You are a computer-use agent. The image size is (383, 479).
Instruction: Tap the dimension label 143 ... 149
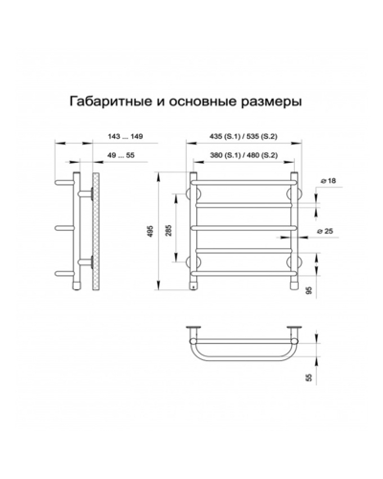click(x=125, y=136)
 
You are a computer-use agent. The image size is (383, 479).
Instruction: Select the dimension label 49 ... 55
click(x=122, y=155)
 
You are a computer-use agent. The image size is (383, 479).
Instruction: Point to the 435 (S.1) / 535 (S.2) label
click(x=243, y=136)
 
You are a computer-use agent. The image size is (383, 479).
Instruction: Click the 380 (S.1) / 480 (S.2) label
click(x=244, y=155)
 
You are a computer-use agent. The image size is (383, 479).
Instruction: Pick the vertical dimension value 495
click(x=150, y=231)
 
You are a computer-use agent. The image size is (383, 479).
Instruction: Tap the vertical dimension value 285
click(x=169, y=230)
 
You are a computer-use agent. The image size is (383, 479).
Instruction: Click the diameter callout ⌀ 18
click(x=327, y=181)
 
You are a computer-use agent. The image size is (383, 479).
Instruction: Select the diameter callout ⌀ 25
click(x=326, y=231)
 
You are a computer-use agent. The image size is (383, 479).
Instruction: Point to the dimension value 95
click(x=308, y=290)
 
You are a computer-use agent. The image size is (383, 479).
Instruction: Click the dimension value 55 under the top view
click(x=308, y=377)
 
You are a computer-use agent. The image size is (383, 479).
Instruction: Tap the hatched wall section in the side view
click(x=96, y=232)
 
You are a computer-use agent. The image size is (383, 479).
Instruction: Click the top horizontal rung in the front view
click(x=244, y=182)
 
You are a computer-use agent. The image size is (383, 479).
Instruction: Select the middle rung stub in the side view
click(x=64, y=228)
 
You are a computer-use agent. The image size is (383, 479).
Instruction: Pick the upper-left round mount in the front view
click(x=192, y=194)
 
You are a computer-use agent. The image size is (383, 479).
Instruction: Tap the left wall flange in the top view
click(x=193, y=328)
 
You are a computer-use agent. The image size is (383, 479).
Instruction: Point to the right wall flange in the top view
click(x=294, y=328)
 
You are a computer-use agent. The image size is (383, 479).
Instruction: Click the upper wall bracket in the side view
click(x=85, y=194)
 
